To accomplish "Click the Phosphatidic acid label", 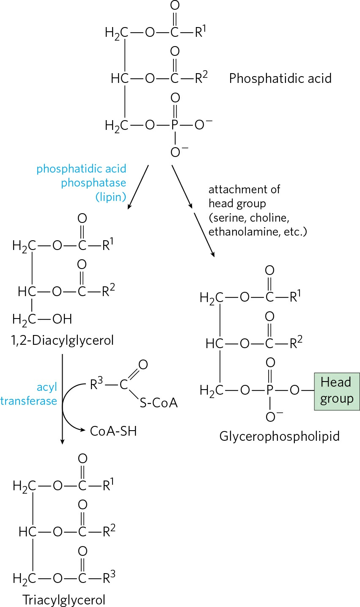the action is point(280,79).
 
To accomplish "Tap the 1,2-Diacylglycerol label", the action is point(62,341).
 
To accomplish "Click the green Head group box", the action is point(337,391).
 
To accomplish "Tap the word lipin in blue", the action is point(111,197).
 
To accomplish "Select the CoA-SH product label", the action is point(113,431).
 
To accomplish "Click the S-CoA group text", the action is point(159,403).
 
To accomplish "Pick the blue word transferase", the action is point(29,401).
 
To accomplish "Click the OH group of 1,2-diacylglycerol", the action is point(62,319).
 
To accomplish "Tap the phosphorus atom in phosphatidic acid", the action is point(175,125).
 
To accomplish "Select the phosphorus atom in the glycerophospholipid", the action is point(270,390).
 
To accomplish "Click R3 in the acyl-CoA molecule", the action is point(96,384).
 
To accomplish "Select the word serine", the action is point(229,218).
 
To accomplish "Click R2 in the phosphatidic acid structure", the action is point(201,77).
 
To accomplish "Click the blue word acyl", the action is point(47,387).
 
